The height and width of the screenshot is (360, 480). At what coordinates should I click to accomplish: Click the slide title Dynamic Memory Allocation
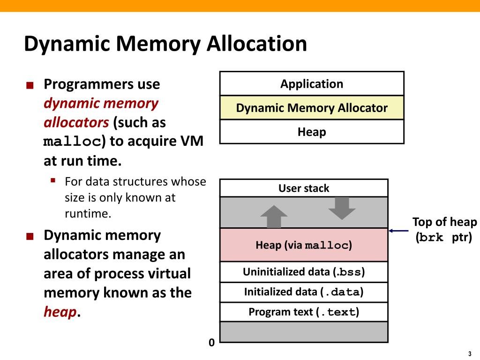[165, 44]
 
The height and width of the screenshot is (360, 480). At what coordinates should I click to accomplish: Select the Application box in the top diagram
[312, 84]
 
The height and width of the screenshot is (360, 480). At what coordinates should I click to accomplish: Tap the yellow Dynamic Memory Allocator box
[312, 108]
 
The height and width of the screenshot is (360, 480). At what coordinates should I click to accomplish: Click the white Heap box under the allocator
[312, 132]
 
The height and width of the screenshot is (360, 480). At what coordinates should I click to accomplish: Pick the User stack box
[304, 188]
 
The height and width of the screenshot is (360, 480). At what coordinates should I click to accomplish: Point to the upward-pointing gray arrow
[274, 217]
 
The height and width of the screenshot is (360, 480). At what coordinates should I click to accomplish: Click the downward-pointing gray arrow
[342, 208]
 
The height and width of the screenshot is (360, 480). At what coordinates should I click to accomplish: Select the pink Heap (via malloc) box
[304, 245]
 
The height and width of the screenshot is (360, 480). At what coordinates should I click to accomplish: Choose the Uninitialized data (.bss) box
[304, 272]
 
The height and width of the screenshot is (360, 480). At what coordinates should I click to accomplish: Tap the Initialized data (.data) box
[304, 292]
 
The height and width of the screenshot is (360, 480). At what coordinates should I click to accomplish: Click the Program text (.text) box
[304, 312]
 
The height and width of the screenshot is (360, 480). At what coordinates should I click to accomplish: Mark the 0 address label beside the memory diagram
[211, 343]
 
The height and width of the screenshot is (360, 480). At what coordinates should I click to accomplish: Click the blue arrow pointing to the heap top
[399, 231]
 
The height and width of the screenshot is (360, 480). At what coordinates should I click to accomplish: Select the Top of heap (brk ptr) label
[444, 230]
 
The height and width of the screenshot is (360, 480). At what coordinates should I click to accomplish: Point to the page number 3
[469, 354]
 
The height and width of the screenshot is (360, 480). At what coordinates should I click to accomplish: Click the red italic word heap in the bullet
[60, 312]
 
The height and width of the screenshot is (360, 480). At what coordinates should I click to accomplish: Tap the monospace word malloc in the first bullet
[73, 142]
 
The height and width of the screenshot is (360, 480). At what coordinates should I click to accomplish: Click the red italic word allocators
[76, 123]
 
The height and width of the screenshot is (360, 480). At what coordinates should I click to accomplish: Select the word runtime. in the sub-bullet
[89, 214]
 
